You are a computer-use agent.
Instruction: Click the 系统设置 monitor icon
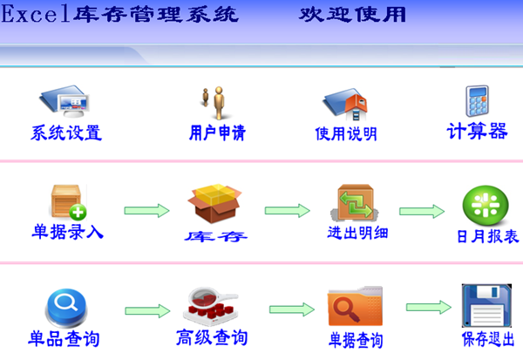point(65,101)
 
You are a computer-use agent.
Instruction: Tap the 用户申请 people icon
point(214,103)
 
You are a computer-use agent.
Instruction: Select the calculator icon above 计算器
point(478,101)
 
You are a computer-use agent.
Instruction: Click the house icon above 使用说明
point(346,104)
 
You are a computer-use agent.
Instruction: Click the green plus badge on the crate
point(78,212)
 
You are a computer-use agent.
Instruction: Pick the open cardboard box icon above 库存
point(214,203)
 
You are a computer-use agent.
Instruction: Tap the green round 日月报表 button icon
point(486,205)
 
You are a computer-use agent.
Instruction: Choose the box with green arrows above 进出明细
point(355,202)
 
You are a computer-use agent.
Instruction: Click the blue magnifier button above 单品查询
point(65,309)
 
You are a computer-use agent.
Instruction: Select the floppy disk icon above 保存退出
point(486,306)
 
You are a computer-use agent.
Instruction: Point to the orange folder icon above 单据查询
point(356,306)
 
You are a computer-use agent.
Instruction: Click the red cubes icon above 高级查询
point(211,306)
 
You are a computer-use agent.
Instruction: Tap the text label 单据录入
point(67,231)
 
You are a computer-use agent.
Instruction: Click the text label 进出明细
point(357,233)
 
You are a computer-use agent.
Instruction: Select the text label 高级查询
point(212,337)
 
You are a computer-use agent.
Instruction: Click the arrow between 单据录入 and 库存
point(146,211)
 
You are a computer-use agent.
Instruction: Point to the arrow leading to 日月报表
point(422,211)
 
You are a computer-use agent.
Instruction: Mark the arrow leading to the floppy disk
point(429,307)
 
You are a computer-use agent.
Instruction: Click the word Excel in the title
point(36,14)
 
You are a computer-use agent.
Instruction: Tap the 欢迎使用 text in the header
point(352,15)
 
